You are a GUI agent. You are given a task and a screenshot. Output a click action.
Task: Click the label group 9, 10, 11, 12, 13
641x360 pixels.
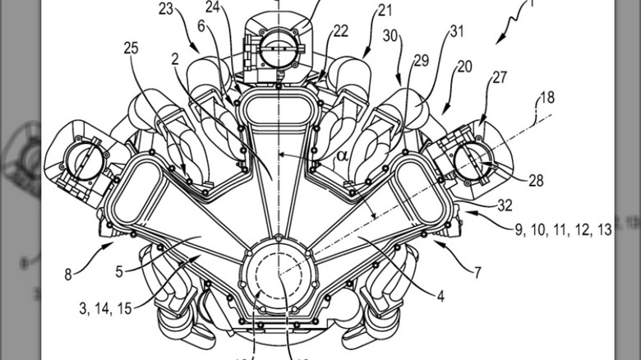tap(564, 230)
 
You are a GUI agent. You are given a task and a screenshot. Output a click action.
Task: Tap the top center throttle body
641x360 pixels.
tap(277, 43)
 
